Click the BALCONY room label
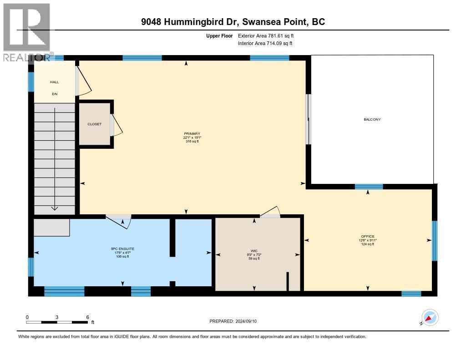pyautogui.click(x=372, y=119)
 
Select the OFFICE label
pyautogui.click(x=367, y=236)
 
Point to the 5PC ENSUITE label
pyautogui.click(x=122, y=248)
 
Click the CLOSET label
pyautogui.click(x=95, y=124)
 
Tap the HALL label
pyautogui.click(x=54, y=82)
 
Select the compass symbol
pyautogui.click(x=430, y=317)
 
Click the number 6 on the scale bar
pyautogui.click(x=87, y=317)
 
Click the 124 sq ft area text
pyautogui.click(x=367, y=244)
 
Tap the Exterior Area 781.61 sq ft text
pyautogui.click(x=269, y=35)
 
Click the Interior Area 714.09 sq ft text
pyautogui.click(x=265, y=43)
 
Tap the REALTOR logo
pyautogui.click(x=26, y=31)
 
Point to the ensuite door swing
pyautogui.click(x=121, y=222)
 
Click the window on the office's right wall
pyautogui.click(x=434, y=240)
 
